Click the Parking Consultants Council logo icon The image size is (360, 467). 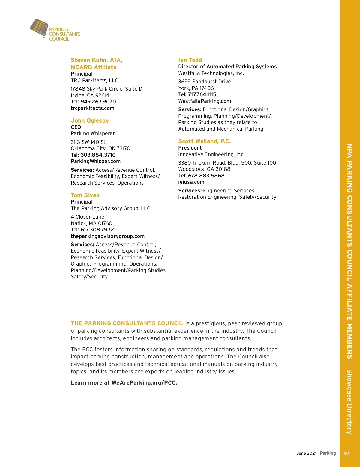(39, 28)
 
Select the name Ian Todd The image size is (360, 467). (190, 60)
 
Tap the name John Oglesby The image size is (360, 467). (90, 120)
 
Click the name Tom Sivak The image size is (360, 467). (85, 195)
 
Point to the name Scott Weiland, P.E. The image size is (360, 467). (204, 141)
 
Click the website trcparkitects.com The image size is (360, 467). (92, 108)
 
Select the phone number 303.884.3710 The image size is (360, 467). (98, 155)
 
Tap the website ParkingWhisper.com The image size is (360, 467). (96, 161)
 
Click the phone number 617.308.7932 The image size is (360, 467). (97, 230)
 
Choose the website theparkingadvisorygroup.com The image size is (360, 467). (108, 236)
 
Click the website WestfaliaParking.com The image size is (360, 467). (205, 101)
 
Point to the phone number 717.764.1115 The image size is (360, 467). (202, 94)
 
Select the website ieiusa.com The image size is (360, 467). (191, 182)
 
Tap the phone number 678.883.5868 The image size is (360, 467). (206, 176)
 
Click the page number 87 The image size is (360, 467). (346, 453)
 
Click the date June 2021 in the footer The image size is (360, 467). (306, 453)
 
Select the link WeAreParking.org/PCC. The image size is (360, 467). (144, 383)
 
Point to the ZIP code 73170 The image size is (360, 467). (123, 148)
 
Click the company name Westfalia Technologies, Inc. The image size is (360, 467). (211, 73)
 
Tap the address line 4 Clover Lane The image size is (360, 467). (87, 217)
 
